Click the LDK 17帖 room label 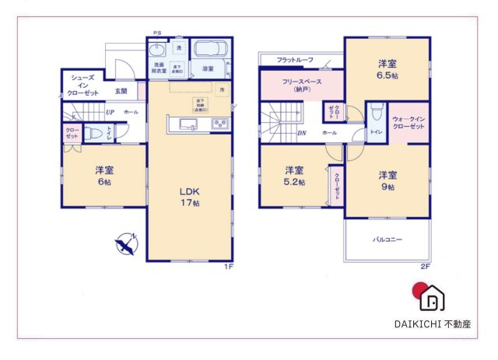(190, 195)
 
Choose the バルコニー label (386, 239)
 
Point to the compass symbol (126, 246)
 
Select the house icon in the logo (434, 298)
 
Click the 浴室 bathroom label (209, 69)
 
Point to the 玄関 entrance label (121, 91)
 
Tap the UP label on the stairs (110, 113)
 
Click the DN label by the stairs (302, 133)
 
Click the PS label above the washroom (156, 33)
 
